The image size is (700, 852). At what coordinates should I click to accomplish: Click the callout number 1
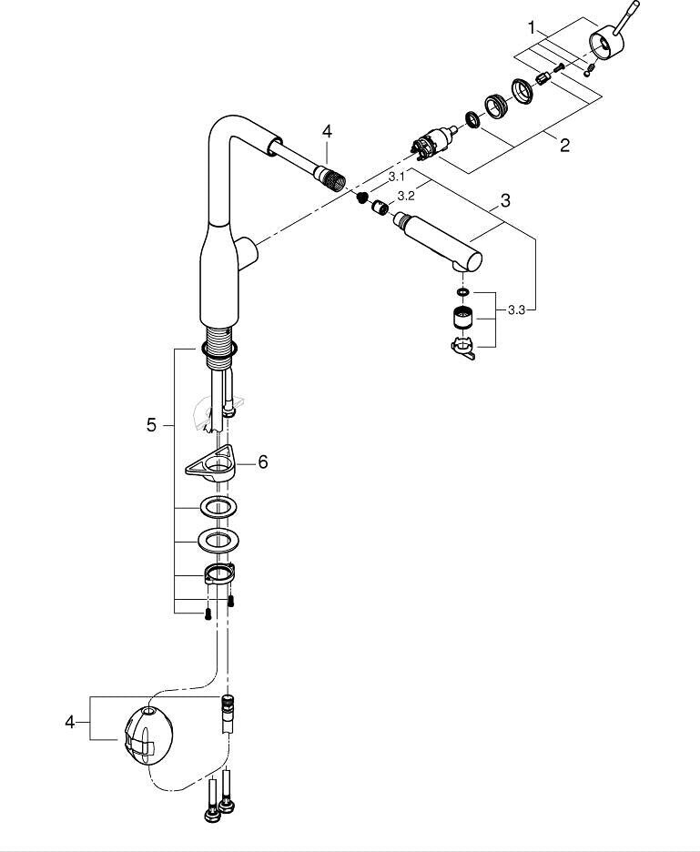[x=533, y=27]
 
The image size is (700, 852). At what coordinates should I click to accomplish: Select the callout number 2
[x=564, y=145]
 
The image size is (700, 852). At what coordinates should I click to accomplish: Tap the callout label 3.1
[x=396, y=177]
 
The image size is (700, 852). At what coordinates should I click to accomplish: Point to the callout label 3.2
[x=405, y=196]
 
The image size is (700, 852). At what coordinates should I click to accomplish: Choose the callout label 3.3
[x=517, y=310]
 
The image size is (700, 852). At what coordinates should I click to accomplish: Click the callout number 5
[x=151, y=425]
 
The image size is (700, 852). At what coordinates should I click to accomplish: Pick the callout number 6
[x=263, y=462]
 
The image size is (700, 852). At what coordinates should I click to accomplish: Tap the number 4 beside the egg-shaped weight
[x=69, y=722]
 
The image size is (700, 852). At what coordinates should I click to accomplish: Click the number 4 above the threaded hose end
[x=327, y=131]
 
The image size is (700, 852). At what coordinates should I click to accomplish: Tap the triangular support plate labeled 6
[x=211, y=463]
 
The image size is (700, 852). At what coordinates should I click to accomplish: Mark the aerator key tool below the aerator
[x=462, y=349]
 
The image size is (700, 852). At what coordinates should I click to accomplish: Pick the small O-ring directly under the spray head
[x=462, y=293]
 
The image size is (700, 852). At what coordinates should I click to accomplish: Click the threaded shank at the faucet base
[x=220, y=344]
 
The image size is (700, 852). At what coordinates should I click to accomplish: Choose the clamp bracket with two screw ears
[x=219, y=573]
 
